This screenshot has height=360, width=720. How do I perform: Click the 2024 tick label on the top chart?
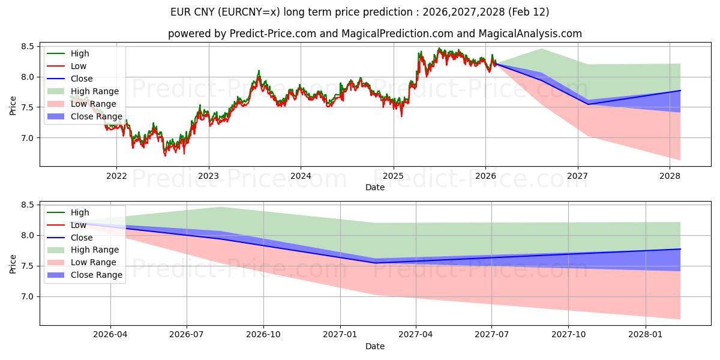[x=301, y=176]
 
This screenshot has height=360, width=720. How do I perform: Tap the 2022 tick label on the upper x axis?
[x=116, y=176]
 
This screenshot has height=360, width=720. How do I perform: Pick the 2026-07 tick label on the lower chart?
[x=187, y=335]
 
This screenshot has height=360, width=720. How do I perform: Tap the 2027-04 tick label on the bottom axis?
[x=416, y=335]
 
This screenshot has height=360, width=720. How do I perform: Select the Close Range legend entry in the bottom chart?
[x=97, y=275]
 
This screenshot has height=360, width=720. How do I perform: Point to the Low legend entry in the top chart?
[x=79, y=66]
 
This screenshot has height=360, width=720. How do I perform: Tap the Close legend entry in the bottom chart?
[x=82, y=238]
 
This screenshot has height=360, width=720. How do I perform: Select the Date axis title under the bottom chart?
[x=374, y=346]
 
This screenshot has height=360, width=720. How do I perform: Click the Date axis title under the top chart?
[x=374, y=187]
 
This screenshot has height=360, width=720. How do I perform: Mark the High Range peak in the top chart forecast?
[x=541, y=49]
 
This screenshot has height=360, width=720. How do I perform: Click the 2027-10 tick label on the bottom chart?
[x=568, y=335]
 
